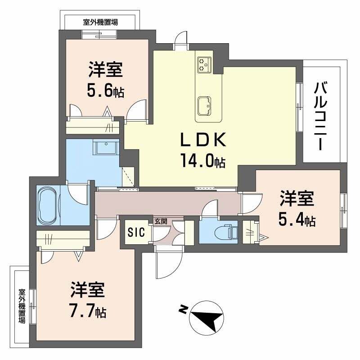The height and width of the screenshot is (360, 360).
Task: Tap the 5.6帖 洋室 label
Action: click(106, 81)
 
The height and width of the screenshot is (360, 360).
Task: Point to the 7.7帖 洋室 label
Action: click(88, 299)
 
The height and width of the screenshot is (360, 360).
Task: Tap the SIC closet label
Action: click(136, 233)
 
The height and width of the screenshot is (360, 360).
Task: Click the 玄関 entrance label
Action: click(161, 221)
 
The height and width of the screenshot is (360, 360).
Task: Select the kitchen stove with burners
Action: click(204, 64)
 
